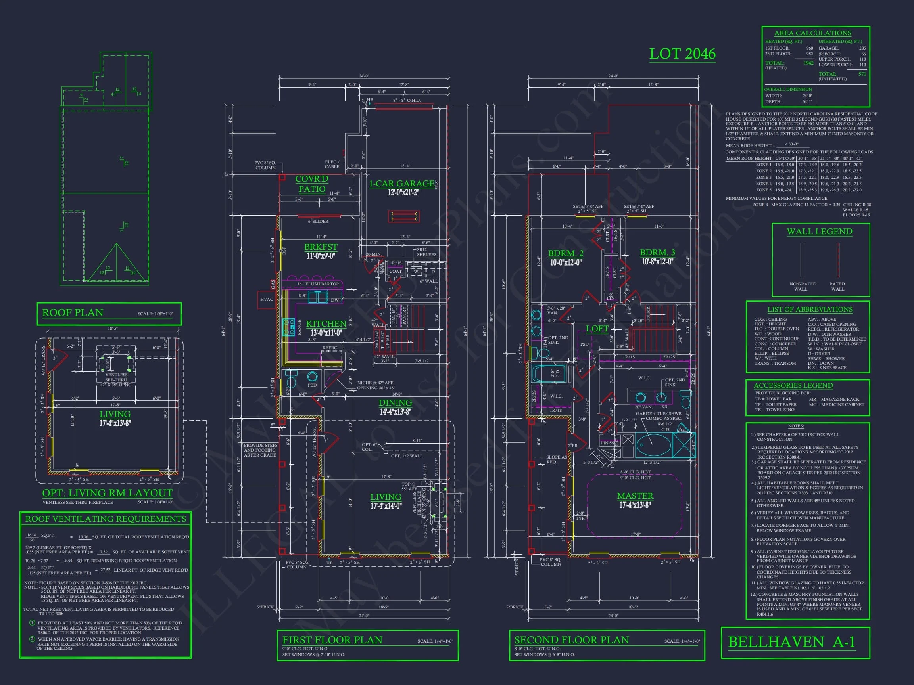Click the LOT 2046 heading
pos(682,54)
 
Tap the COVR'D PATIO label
pos(311,184)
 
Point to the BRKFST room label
pos(321,247)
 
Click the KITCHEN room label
pos(326,324)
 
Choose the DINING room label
pos(395,403)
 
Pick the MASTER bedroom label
pos(635,496)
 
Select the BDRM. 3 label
pos(657,253)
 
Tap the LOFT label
pos(597,329)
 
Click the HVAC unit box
pos(267,299)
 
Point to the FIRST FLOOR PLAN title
pos(332,640)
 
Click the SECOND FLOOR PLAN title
pos(572,640)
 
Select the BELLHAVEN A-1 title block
pos(791,642)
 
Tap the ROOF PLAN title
pos(73,312)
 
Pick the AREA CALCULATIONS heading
pos(812,33)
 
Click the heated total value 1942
pos(808,63)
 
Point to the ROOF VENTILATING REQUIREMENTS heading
pos(106,519)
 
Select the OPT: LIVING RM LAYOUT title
pos(108,493)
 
